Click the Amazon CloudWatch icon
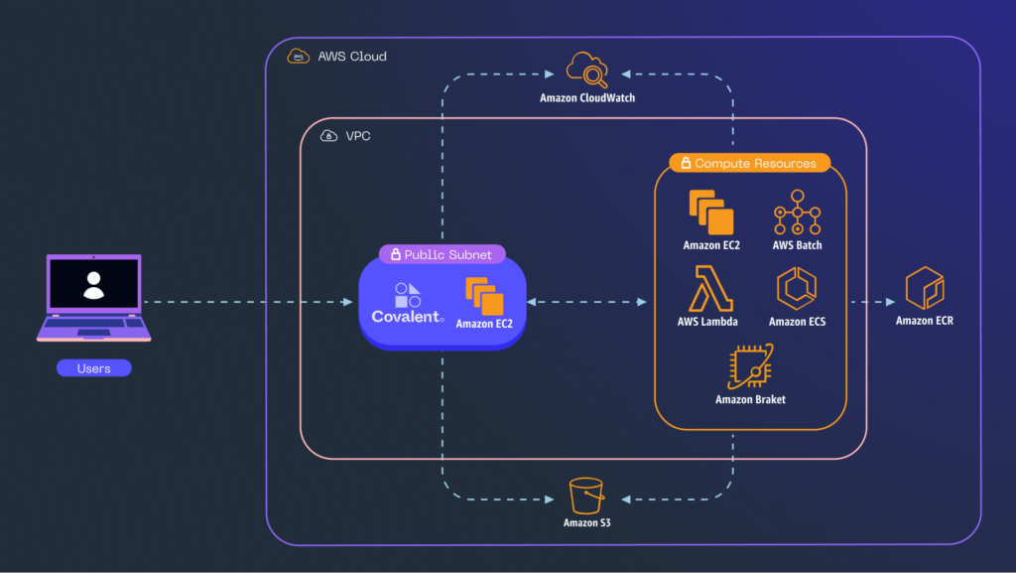(x=587, y=70)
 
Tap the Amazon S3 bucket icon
(x=586, y=496)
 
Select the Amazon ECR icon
(x=925, y=288)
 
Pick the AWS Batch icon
(x=797, y=212)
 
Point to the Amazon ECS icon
(x=797, y=288)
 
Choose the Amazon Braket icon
(x=750, y=366)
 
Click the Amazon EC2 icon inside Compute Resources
(x=710, y=212)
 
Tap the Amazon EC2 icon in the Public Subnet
(x=484, y=296)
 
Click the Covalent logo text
(x=407, y=317)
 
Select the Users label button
(x=94, y=368)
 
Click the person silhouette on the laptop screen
(x=94, y=285)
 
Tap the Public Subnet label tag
(x=442, y=254)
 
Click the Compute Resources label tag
(x=750, y=163)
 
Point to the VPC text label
(x=357, y=136)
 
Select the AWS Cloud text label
(x=352, y=57)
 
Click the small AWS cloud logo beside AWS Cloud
(x=298, y=57)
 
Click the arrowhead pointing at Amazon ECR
(x=890, y=302)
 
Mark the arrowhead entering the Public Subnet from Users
(x=348, y=302)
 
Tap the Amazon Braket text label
(x=750, y=400)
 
